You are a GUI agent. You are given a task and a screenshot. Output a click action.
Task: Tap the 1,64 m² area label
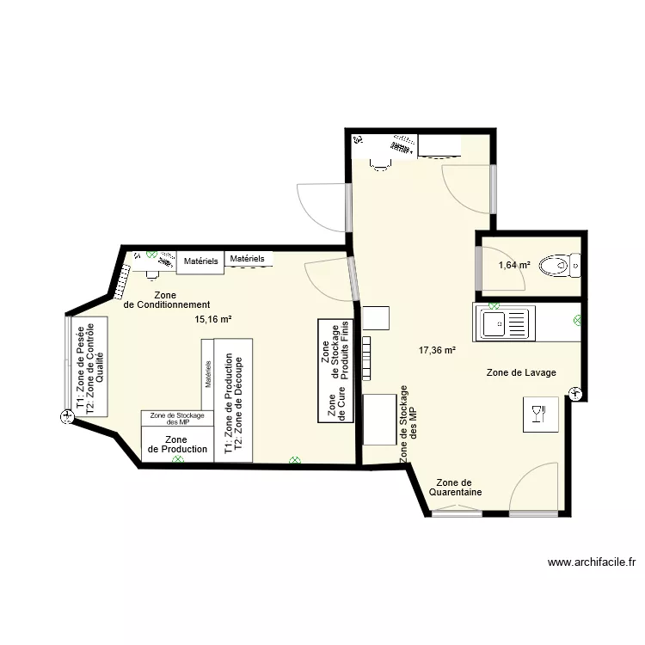click(x=513, y=265)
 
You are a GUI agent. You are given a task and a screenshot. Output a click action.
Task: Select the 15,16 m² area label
click(x=213, y=319)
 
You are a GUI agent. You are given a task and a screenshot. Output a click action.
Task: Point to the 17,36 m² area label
click(x=436, y=350)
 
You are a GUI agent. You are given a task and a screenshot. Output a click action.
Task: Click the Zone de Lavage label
click(x=521, y=372)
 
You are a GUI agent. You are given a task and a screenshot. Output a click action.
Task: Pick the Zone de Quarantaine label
click(x=455, y=488)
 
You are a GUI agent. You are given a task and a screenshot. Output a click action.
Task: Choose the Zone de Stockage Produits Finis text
click(x=336, y=352)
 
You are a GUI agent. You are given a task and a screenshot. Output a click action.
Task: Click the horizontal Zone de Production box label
click(x=177, y=444)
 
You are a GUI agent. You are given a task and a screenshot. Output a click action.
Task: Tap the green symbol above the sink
click(x=494, y=305)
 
